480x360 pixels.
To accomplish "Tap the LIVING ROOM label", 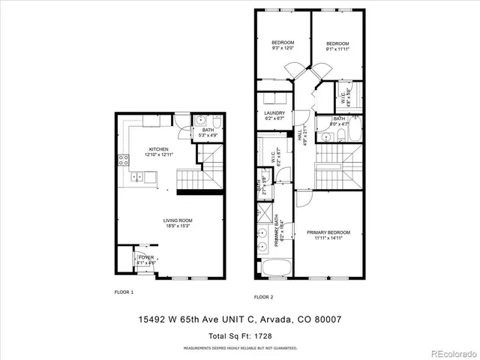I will (x=177, y=220).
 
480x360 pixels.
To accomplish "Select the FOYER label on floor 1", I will (x=145, y=257).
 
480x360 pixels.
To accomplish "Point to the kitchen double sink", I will (x=138, y=177).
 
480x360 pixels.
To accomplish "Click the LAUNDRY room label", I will (x=274, y=113).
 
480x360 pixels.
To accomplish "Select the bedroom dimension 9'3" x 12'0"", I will (x=283, y=48).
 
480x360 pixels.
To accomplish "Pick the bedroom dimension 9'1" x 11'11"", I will (x=337, y=49).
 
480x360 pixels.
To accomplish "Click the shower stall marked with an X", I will (x=264, y=211).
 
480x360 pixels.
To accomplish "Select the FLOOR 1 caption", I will (x=124, y=292).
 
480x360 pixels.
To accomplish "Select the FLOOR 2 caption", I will (x=263, y=296).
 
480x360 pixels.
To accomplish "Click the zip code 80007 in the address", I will (x=327, y=319).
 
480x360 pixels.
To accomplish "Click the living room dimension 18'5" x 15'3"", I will (x=177, y=226).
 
